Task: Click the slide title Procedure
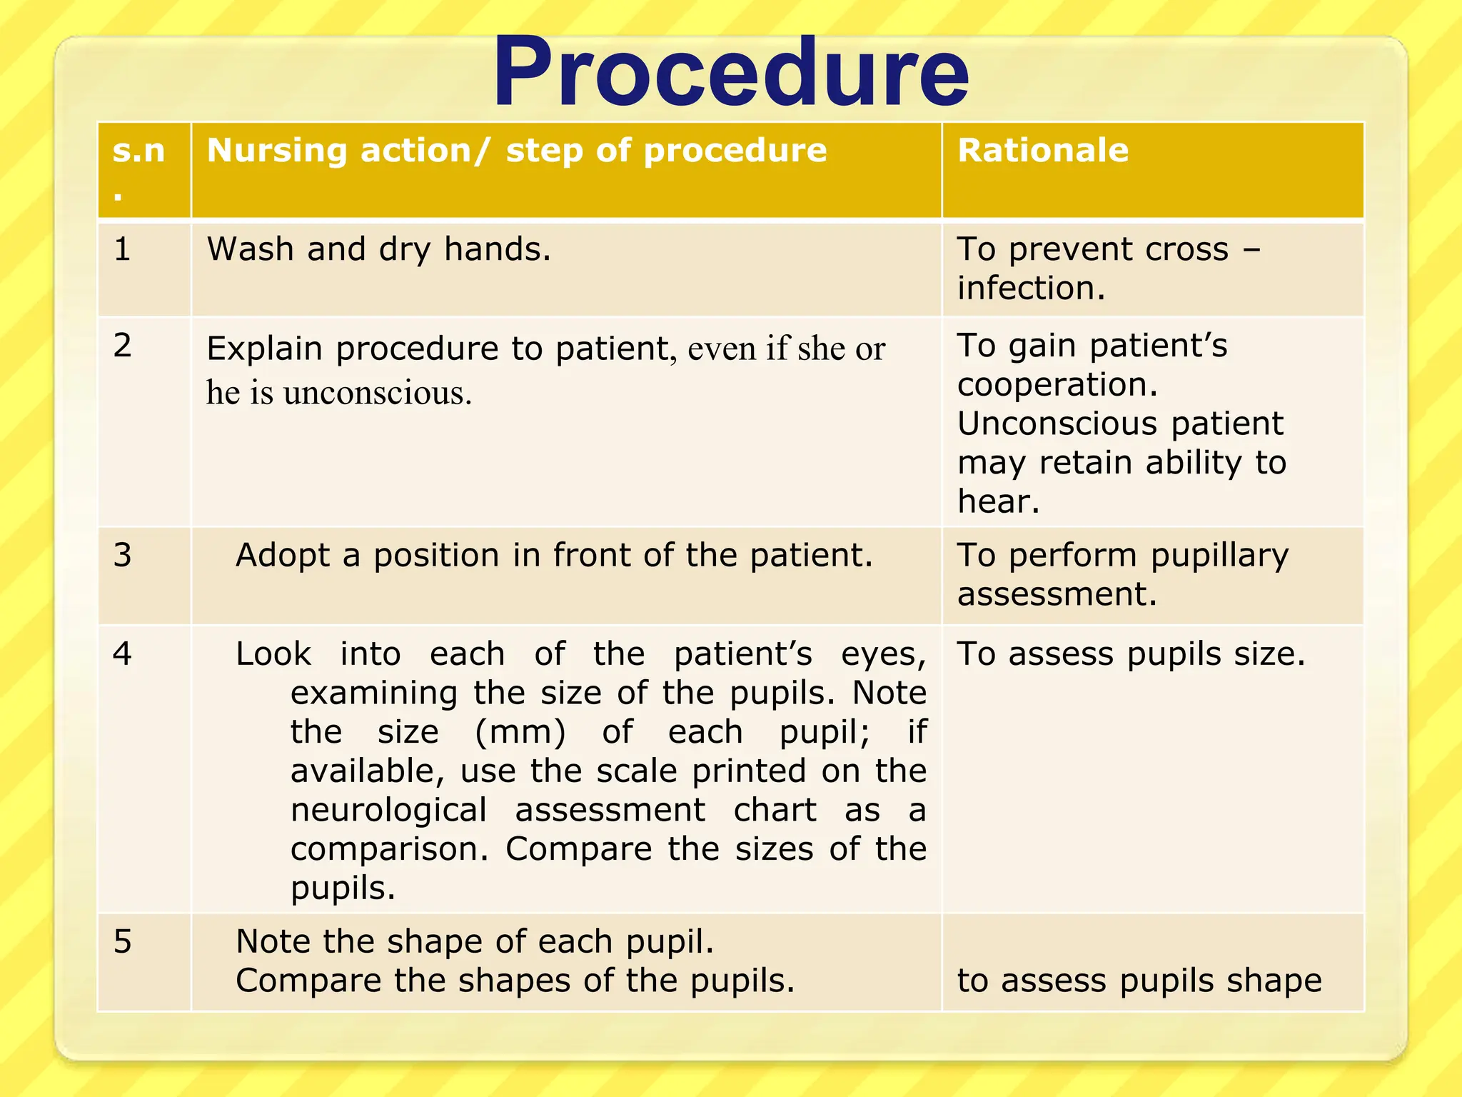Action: click(730, 73)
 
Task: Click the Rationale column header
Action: click(1042, 151)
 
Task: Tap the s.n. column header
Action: click(138, 151)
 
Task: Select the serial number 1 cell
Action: click(122, 249)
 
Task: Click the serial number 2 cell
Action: click(122, 346)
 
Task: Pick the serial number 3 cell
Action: click(122, 556)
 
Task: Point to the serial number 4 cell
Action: click(122, 654)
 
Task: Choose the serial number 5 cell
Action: click(122, 942)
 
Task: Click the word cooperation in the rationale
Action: click(1057, 386)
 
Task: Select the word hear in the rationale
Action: click(997, 501)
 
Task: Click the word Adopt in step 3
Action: click(282, 556)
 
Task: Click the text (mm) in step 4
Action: click(520, 732)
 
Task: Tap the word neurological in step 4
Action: click(388, 811)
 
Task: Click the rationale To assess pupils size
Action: click(1131, 654)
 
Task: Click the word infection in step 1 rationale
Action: click(1030, 289)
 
